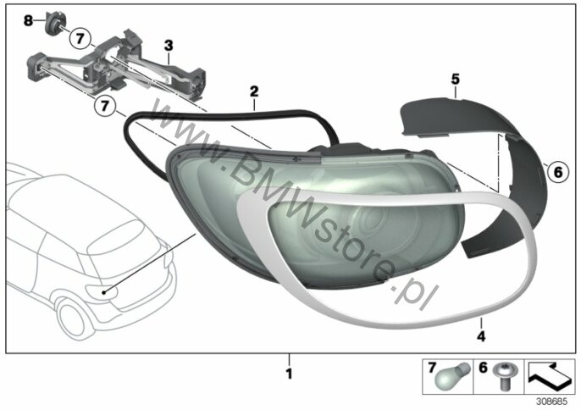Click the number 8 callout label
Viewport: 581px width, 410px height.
(x=28, y=20)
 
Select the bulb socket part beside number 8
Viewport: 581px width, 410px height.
(x=53, y=23)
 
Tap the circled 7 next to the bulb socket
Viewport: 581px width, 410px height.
(x=80, y=38)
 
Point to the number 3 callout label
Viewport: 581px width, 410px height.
(x=169, y=46)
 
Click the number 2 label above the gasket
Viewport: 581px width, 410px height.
(x=254, y=91)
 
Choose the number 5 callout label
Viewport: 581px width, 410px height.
(x=456, y=79)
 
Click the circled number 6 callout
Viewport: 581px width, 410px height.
(x=557, y=172)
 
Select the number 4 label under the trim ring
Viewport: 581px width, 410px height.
(x=481, y=336)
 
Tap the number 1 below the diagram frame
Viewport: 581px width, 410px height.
(x=290, y=374)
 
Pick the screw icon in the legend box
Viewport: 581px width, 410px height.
(x=501, y=376)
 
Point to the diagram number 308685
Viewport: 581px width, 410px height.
(x=551, y=402)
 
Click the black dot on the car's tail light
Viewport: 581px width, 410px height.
(x=104, y=293)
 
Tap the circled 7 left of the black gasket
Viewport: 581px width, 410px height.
(x=104, y=106)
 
